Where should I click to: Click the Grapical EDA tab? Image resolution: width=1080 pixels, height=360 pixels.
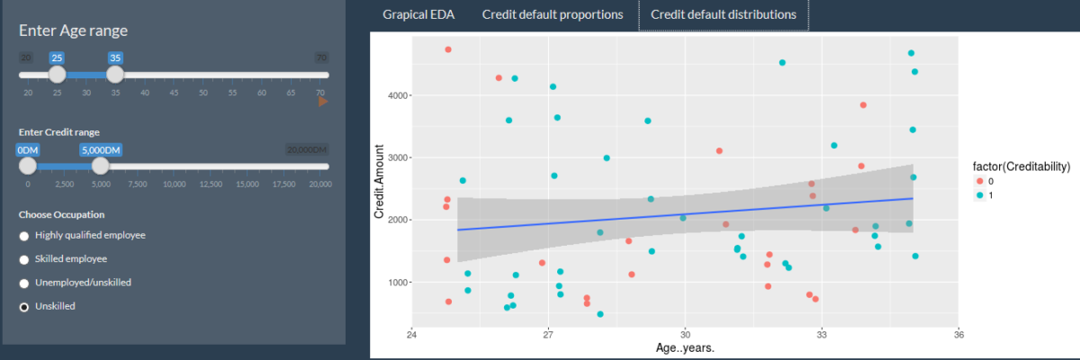click(418, 15)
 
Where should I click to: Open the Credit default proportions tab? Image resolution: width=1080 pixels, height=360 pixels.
click(552, 15)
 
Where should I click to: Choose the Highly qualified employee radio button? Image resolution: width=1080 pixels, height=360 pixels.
click(24, 236)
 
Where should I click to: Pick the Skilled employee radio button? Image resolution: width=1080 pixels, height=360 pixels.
click(24, 259)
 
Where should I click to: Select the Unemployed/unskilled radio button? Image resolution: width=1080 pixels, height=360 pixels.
click(24, 283)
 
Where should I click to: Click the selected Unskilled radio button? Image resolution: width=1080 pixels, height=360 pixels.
click(24, 307)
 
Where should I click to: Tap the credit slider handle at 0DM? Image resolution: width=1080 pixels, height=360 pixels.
click(28, 166)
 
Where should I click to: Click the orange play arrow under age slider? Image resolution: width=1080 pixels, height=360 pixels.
click(323, 102)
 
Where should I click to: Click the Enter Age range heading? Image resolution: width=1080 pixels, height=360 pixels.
click(73, 31)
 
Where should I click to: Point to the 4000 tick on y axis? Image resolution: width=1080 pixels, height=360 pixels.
click(399, 95)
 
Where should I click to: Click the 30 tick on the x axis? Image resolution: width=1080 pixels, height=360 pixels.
click(685, 332)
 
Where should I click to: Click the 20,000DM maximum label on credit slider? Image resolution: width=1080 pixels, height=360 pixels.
click(306, 150)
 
